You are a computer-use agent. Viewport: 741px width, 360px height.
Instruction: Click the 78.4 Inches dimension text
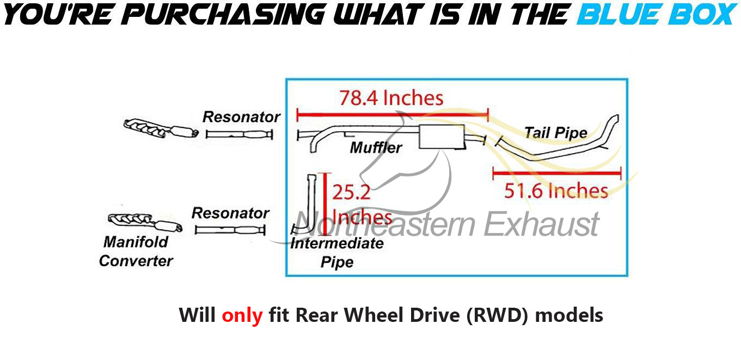tap(391, 98)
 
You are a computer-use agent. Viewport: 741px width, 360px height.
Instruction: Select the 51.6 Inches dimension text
tap(556, 191)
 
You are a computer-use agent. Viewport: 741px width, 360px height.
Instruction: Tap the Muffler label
tap(376, 147)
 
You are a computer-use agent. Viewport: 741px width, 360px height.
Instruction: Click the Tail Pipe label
tap(555, 132)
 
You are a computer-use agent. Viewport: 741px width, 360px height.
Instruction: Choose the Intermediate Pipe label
tap(337, 252)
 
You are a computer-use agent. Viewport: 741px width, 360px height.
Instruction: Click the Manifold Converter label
tap(136, 251)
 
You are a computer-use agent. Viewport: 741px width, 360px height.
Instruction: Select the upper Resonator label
tap(241, 117)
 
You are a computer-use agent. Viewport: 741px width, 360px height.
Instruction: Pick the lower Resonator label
tap(230, 213)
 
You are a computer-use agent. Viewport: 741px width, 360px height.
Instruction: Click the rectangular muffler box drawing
tap(442, 136)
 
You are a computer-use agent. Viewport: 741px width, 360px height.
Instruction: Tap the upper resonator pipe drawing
tap(240, 135)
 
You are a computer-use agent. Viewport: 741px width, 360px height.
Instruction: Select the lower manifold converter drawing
tap(144, 222)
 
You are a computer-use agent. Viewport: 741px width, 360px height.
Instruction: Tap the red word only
tap(242, 315)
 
